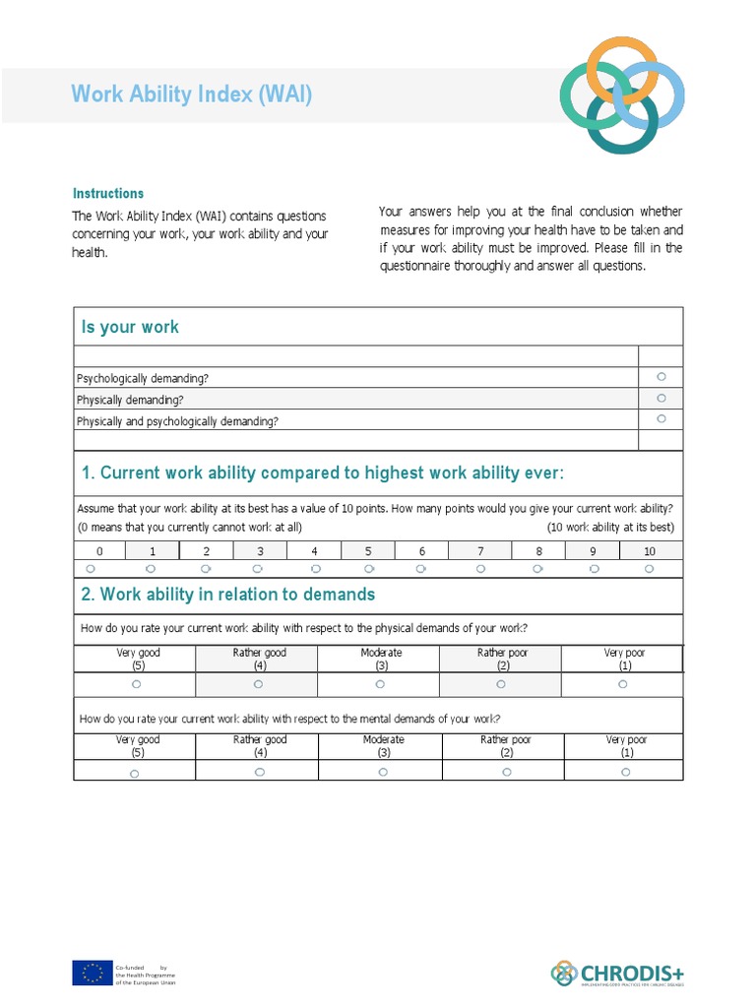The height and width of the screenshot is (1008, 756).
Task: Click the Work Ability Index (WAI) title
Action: click(x=192, y=94)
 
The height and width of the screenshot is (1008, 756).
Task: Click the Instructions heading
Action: click(x=108, y=194)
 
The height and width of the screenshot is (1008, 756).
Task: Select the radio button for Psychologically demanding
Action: click(x=661, y=377)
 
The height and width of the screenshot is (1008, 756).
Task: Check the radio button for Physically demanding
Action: click(x=661, y=399)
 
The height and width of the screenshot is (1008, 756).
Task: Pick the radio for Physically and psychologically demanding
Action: click(x=661, y=419)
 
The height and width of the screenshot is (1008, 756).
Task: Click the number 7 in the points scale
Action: click(x=480, y=551)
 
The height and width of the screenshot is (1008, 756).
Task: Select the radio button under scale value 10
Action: click(x=650, y=569)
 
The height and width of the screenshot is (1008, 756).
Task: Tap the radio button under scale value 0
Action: click(x=91, y=569)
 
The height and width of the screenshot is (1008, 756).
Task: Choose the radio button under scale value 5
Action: click(x=369, y=569)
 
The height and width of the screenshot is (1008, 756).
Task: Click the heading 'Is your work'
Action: click(x=131, y=327)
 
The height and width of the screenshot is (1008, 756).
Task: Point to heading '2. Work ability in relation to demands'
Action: click(x=228, y=595)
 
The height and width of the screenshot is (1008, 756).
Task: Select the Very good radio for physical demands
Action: click(x=136, y=684)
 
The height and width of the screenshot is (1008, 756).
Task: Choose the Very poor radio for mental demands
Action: click(x=626, y=773)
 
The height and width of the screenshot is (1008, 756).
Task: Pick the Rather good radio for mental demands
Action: click(x=260, y=773)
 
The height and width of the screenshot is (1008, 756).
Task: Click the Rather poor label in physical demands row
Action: click(x=504, y=653)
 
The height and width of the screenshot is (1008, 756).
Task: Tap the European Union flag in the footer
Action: click(x=92, y=973)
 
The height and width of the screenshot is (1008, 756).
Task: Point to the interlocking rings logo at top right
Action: click(x=621, y=94)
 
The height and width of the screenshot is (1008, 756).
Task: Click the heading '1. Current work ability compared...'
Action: click(x=323, y=473)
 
